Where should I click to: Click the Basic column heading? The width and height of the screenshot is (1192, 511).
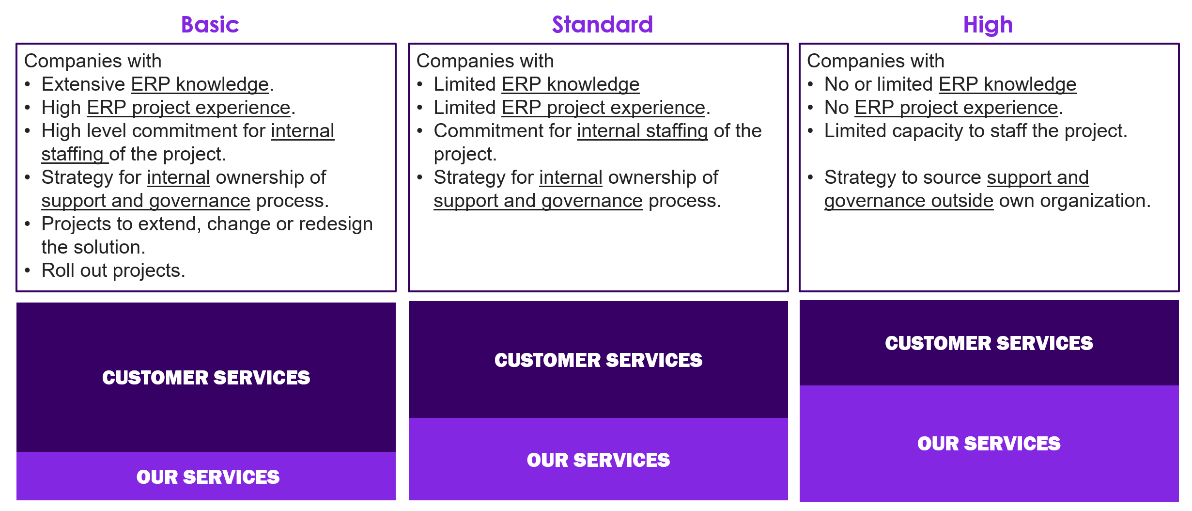(210, 25)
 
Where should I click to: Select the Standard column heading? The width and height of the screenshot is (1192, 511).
(602, 25)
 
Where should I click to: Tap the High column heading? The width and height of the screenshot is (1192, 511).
(988, 25)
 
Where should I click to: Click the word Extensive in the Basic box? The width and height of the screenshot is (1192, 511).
(83, 84)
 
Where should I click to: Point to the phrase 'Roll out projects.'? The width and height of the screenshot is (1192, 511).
(113, 271)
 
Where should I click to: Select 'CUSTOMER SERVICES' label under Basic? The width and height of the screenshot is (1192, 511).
(206, 378)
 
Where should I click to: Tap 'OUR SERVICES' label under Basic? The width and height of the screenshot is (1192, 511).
(208, 477)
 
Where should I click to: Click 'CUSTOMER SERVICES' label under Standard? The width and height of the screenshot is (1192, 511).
(598, 360)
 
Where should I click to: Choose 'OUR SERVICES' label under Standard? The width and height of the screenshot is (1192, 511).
(598, 460)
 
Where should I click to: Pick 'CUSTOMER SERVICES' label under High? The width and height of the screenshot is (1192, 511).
(989, 343)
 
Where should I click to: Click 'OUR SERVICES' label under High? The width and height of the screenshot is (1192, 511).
(989, 444)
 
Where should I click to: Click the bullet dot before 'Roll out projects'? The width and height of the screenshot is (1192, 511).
(28, 271)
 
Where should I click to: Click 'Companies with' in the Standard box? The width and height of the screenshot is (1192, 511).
(485, 61)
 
